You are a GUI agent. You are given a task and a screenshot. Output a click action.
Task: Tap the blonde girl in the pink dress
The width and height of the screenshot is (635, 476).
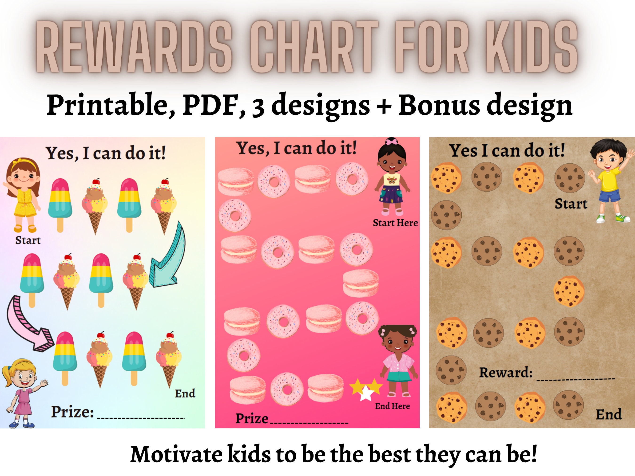(23, 393)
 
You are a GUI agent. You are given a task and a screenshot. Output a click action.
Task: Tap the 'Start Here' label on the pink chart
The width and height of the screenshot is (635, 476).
(395, 223)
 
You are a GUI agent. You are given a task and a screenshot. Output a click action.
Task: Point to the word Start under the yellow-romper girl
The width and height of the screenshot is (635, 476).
(28, 240)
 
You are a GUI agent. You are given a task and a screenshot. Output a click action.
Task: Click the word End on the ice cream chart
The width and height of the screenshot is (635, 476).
(185, 393)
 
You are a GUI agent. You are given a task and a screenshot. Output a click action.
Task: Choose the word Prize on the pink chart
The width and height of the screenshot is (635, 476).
(251, 419)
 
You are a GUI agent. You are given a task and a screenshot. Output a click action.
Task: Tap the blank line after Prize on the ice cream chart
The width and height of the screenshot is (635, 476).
(141, 418)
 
